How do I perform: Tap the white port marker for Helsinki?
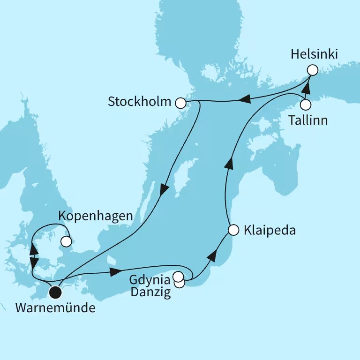coord(313,70)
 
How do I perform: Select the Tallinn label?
coord(307,120)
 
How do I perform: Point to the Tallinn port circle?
coord(306,105)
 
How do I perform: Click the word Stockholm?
coord(139,102)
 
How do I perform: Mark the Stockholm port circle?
coord(180,103)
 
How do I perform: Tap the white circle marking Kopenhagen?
coord(66,242)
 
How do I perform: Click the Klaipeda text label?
coord(270,230)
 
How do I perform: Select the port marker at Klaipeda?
coord(234,230)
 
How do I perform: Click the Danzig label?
coord(151,294)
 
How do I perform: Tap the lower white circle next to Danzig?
coord(179,283)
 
